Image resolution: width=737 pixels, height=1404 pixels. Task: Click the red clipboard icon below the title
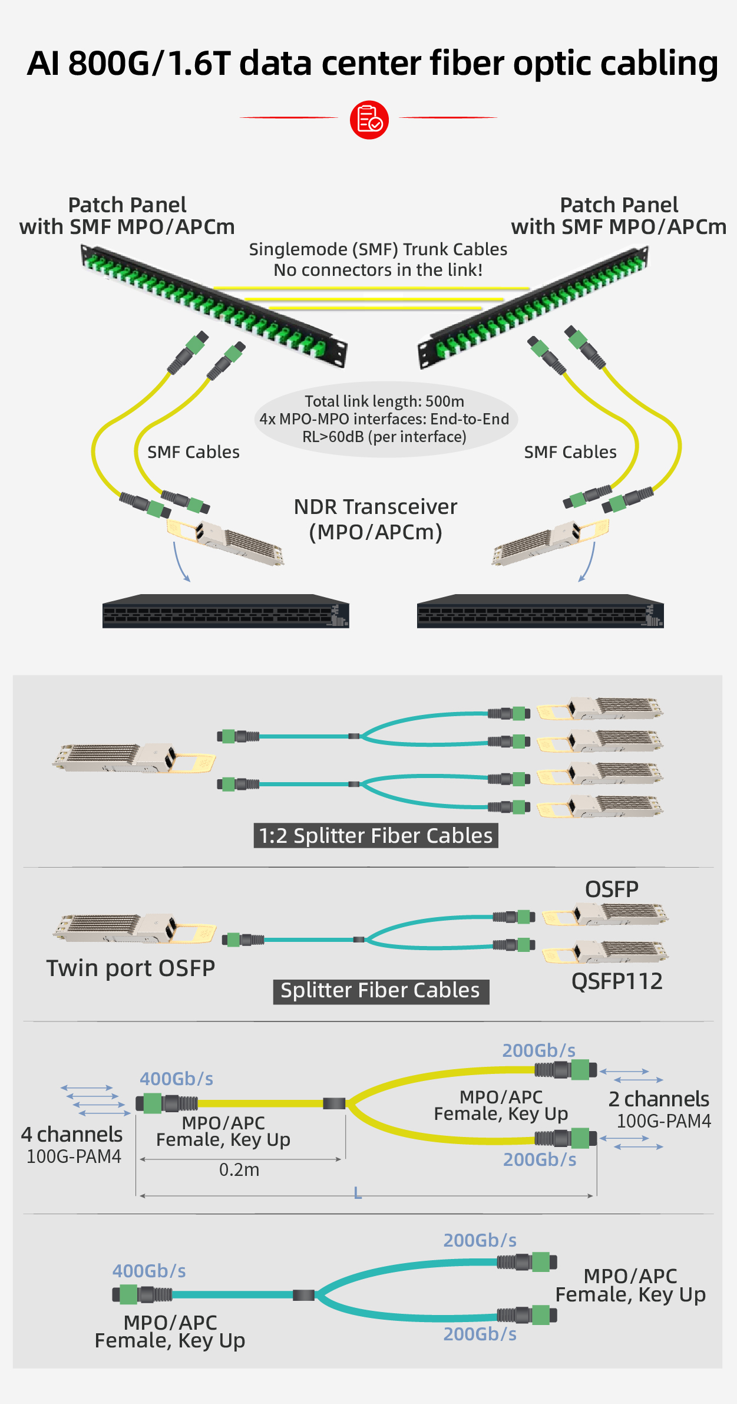pyautogui.click(x=369, y=120)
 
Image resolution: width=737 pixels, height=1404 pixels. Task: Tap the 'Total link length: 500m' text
pyautogui.click(x=384, y=401)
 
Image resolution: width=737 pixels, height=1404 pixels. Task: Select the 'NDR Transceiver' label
pyautogui.click(x=375, y=507)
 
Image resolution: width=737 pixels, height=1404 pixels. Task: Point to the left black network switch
pyautogui.click(x=226, y=612)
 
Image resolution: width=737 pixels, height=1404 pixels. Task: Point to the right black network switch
pyautogui.click(x=540, y=612)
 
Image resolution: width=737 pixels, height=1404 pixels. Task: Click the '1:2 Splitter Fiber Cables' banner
pyautogui.click(x=376, y=836)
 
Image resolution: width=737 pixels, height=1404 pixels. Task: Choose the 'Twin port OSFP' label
pyautogui.click(x=131, y=968)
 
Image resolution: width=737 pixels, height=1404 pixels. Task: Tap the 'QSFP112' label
pyautogui.click(x=617, y=981)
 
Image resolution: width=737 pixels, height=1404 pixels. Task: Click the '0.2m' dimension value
pyautogui.click(x=239, y=1169)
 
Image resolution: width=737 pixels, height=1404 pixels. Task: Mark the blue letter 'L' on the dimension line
pyautogui.click(x=358, y=1194)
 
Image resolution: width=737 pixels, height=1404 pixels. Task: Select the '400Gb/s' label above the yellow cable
pyautogui.click(x=176, y=1079)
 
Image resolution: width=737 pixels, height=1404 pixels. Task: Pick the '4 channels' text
pyautogui.click(x=72, y=1135)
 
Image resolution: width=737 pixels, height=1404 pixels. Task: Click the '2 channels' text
pyautogui.click(x=659, y=1099)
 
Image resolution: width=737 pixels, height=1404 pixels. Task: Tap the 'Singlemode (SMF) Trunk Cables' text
pyautogui.click(x=378, y=249)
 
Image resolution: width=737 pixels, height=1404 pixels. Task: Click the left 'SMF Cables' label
pyautogui.click(x=193, y=452)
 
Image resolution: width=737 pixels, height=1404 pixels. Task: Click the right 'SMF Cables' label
pyautogui.click(x=570, y=452)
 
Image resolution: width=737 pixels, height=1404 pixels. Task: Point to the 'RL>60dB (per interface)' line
pyautogui.click(x=384, y=437)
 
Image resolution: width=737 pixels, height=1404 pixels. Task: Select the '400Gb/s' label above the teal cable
pyautogui.click(x=149, y=1271)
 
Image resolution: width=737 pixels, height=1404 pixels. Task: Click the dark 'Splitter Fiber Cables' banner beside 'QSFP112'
pyautogui.click(x=381, y=991)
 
